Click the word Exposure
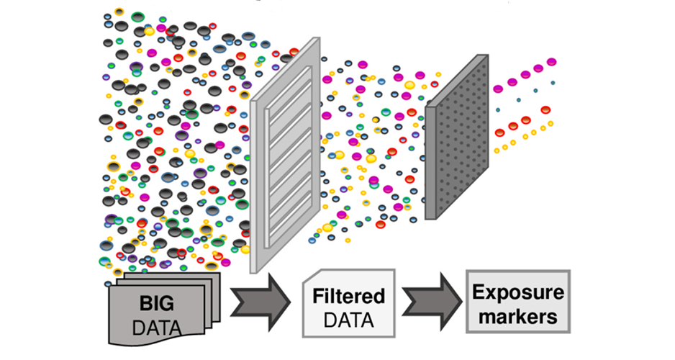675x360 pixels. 518,292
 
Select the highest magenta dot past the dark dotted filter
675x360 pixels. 552,62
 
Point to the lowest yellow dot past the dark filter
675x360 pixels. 497,150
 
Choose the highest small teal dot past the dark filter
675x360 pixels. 553,83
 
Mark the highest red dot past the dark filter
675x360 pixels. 545,109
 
